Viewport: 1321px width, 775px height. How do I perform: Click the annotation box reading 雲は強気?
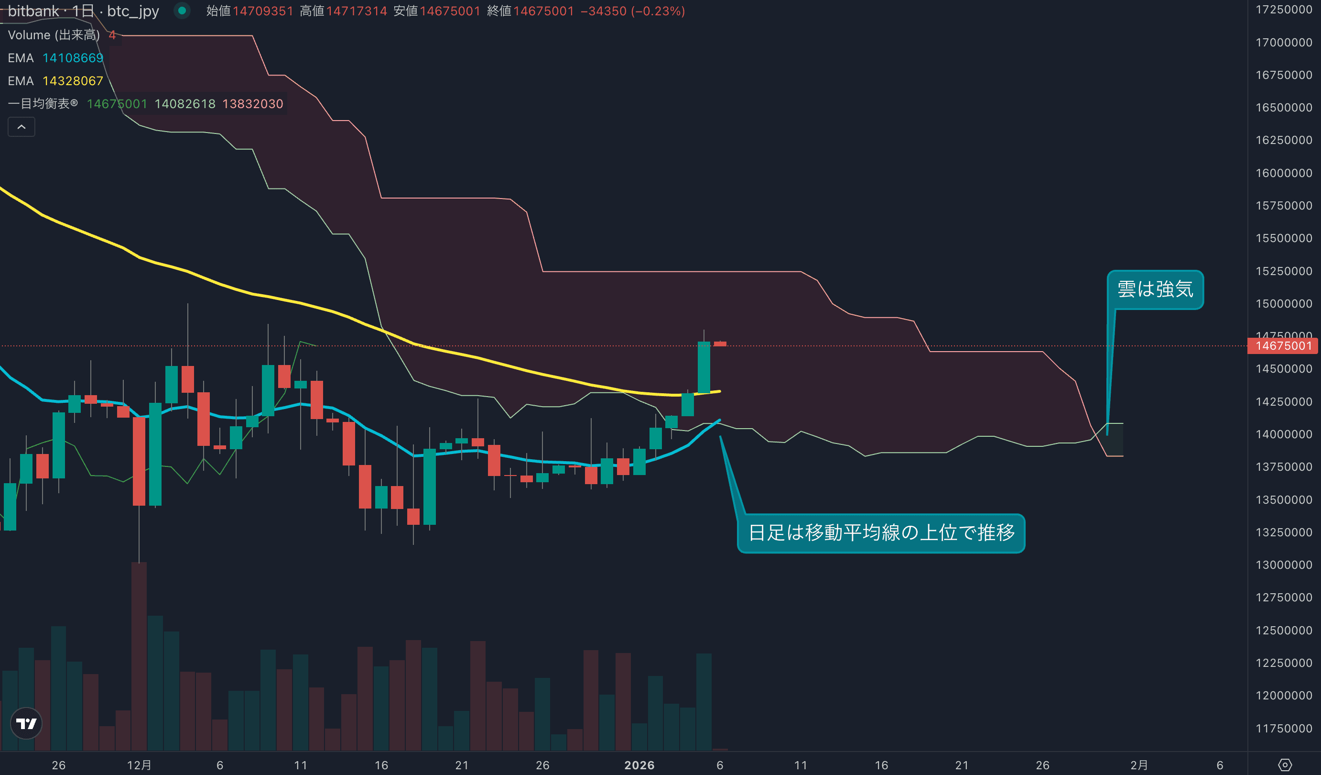pyautogui.click(x=1155, y=289)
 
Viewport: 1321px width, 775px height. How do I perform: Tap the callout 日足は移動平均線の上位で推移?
pyautogui.click(x=881, y=532)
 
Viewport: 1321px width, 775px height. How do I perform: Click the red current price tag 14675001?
pyautogui.click(x=1283, y=346)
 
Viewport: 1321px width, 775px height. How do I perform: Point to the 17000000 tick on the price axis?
pyautogui.click(x=1283, y=43)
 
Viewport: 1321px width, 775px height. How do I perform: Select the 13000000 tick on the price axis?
pyautogui.click(x=1283, y=565)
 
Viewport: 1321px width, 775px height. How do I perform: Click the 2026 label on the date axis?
pyautogui.click(x=639, y=765)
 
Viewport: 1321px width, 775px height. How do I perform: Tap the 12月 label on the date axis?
pyautogui.click(x=139, y=765)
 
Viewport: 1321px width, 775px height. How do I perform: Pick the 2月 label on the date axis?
pyautogui.click(x=1138, y=765)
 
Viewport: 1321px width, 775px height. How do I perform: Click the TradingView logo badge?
pyautogui.click(x=26, y=724)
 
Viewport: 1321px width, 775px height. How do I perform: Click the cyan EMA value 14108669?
pyautogui.click(x=73, y=58)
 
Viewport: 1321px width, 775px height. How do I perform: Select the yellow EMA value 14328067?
pyautogui.click(x=73, y=81)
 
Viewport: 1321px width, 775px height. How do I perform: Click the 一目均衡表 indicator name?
pyautogui.click(x=43, y=103)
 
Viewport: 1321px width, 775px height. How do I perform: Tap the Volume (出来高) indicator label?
pyautogui.click(x=54, y=35)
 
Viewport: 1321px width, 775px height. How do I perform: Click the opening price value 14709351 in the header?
pyautogui.click(x=263, y=11)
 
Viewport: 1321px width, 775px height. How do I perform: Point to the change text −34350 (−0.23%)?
pyautogui.click(x=632, y=11)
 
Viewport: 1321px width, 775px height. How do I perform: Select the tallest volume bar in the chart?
pyautogui.click(x=139, y=656)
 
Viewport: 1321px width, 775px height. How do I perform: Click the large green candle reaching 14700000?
pyautogui.click(x=704, y=367)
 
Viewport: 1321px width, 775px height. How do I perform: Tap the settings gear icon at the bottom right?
pyautogui.click(x=1285, y=765)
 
